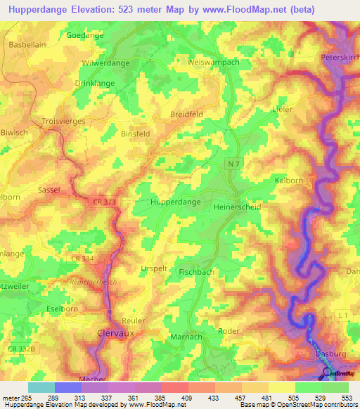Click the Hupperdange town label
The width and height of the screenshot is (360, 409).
coord(176,202)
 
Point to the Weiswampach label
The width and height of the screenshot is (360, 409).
coord(214,63)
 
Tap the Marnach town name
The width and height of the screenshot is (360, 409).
coord(186,337)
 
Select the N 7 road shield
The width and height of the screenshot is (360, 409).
coord(234,163)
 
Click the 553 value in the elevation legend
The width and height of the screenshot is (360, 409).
coord(347,398)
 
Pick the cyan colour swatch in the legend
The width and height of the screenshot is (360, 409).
coord(41,387)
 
